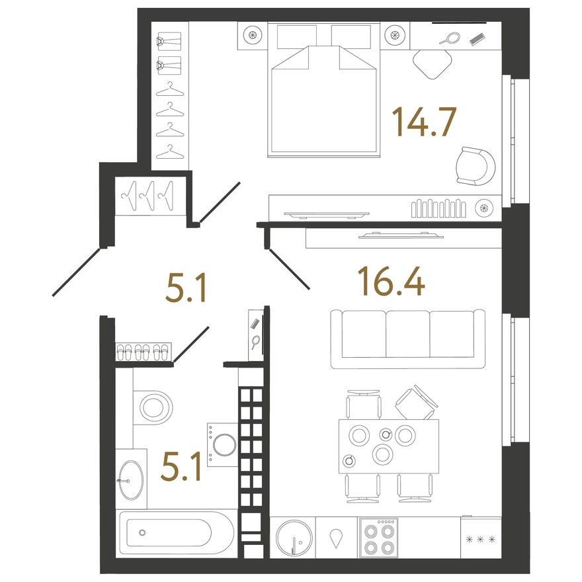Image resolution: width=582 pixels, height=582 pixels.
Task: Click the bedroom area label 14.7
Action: point(424,122)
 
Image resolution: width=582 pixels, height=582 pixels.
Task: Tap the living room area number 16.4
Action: point(390,280)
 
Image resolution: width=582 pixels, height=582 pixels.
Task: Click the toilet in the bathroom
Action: point(155,405)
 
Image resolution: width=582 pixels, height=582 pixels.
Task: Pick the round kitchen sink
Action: point(292,538)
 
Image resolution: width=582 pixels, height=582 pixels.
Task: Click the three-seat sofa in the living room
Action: point(407,339)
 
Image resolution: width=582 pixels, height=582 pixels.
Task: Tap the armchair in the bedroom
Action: point(475,166)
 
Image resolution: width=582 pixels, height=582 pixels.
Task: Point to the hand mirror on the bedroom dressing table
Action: point(449,38)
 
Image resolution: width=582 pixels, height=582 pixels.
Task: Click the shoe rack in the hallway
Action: point(144,351)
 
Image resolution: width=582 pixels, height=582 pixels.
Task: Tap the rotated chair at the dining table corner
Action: point(415,403)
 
